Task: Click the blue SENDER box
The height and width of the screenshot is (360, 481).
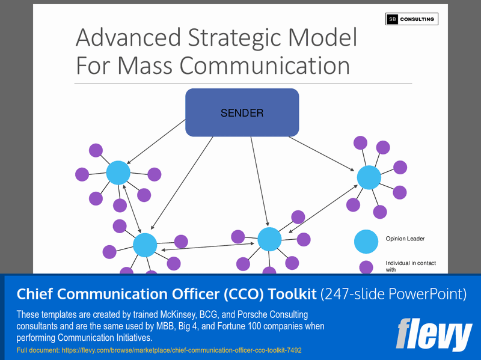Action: (242, 112)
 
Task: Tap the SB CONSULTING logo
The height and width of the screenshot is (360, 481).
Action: (412, 19)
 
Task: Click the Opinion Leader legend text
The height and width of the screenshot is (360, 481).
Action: (405, 239)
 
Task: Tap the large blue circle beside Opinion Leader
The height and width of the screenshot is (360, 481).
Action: (366, 242)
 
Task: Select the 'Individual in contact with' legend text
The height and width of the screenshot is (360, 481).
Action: (411, 266)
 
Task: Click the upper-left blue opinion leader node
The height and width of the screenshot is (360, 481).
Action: (118, 173)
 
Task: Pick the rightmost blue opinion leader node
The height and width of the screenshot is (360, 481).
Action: (369, 177)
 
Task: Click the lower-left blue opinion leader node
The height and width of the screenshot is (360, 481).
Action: (145, 245)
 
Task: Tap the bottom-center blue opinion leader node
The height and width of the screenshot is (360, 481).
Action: (269, 239)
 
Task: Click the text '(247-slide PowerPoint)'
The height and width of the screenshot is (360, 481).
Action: (393, 294)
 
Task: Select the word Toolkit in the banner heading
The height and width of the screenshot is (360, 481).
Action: (287, 294)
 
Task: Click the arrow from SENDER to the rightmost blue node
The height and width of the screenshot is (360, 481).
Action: (322, 154)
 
